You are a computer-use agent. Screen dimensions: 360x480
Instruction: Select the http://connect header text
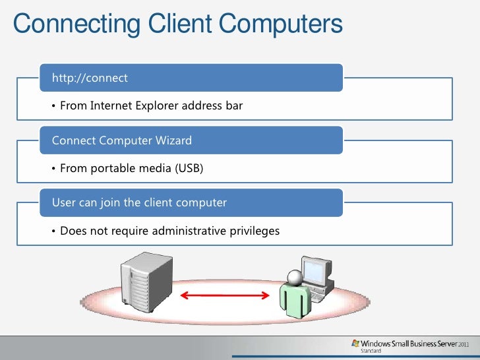click(x=90, y=78)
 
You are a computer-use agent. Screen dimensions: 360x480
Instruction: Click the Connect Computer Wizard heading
click(x=122, y=140)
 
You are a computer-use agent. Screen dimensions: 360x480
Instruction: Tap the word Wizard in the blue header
click(x=173, y=140)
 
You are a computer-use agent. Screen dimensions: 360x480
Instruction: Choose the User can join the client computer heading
click(x=139, y=202)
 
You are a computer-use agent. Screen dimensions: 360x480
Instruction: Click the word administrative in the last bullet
click(x=193, y=231)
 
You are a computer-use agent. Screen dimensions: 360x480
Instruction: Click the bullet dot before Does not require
click(x=53, y=231)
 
